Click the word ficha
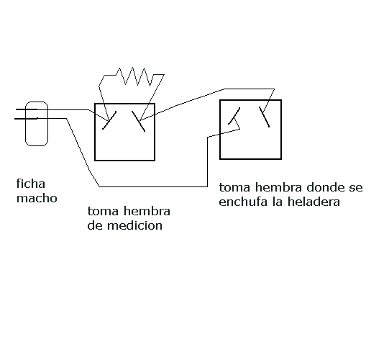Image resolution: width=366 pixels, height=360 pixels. pyautogui.click(x=31, y=184)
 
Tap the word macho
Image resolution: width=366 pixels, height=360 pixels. pyautogui.click(x=37, y=199)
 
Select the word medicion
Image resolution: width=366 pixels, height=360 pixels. pyautogui.click(x=134, y=225)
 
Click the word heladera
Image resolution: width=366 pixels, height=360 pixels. pyautogui.click(x=314, y=202)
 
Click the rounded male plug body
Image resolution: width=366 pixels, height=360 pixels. pyautogui.click(x=37, y=124)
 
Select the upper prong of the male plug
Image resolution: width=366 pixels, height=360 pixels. pyautogui.click(x=27, y=109)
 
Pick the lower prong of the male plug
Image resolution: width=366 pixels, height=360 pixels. pyautogui.click(x=26, y=119)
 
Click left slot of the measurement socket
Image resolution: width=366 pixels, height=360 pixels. pyautogui.click(x=109, y=120)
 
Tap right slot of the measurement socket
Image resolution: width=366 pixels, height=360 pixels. pyautogui.click(x=138, y=121)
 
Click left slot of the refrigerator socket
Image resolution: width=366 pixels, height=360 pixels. pyautogui.click(x=234, y=116)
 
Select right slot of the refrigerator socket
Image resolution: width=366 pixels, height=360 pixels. pyautogui.click(x=264, y=117)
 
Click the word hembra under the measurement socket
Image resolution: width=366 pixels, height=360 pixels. pyautogui.click(x=147, y=211)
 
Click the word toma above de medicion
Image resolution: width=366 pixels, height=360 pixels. pyautogui.click(x=103, y=211)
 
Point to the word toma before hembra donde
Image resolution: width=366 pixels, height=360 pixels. pyautogui.click(x=234, y=187)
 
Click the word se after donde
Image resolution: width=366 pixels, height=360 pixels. pyautogui.click(x=356, y=188)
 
